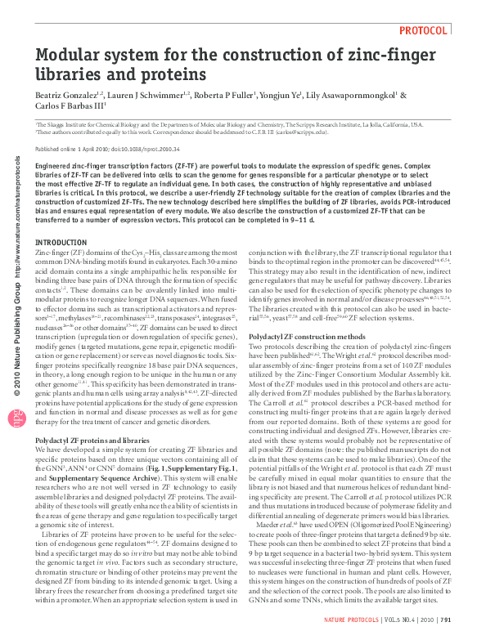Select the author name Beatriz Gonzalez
pyautogui.click(x=67, y=95)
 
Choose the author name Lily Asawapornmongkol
pyautogui.click(x=353, y=95)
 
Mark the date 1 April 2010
pyautogui.click(x=93, y=149)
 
